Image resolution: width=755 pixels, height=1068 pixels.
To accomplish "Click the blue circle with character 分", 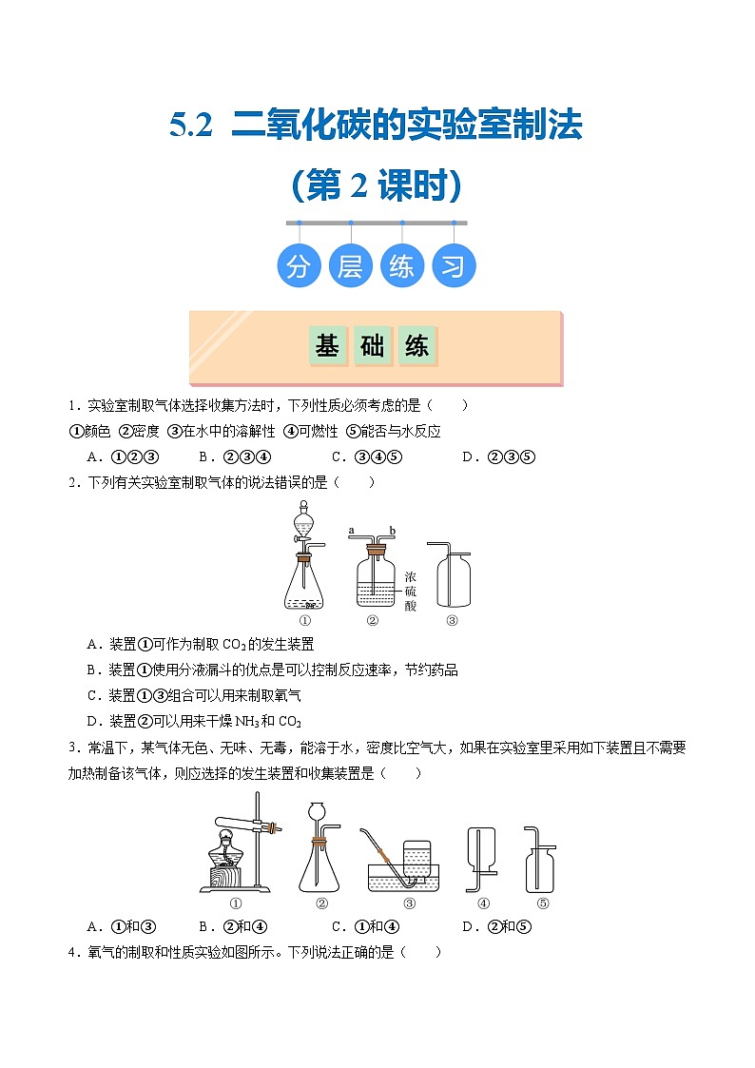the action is click(x=299, y=265).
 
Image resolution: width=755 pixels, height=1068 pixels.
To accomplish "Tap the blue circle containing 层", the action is click(x=350, y=265).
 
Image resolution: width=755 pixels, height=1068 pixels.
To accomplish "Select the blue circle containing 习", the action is click(x=454, y=265).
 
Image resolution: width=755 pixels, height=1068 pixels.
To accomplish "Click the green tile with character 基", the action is click(x=327, y=345).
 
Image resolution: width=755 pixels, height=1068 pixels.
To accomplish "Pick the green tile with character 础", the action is click(x=373, y=345).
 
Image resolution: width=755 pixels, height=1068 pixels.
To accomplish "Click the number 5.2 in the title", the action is click(x=190, y=126).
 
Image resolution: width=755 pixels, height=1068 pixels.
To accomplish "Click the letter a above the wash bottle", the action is click(x=351, y=530).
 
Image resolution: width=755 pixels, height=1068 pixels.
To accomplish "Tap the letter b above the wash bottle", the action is click(x=392, y=530).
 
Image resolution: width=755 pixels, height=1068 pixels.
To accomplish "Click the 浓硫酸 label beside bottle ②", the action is click(x=411, y=592).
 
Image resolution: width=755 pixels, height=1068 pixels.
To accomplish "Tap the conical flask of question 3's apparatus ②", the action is click(x=319, y=865).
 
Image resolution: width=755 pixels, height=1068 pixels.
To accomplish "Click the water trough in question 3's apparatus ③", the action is click(x=404, y=878).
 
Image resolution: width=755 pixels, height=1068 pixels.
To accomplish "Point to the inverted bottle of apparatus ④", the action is click(x=480, y=848).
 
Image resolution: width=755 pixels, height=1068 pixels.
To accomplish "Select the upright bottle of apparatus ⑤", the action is click(x=540, y=868).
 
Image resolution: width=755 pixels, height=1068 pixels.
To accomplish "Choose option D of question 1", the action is click(x=499, y=457).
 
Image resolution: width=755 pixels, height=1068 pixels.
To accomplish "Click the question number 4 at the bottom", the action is click(x=71, y=952).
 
